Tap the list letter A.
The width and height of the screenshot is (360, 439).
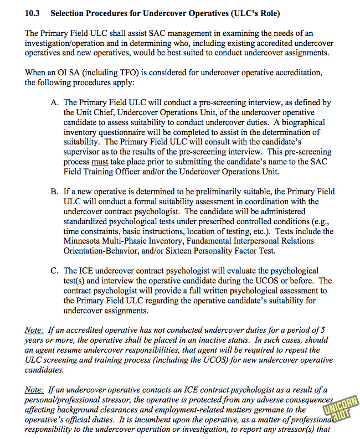click(x=54, y=102)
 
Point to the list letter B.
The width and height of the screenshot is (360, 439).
click(x=54, y=192)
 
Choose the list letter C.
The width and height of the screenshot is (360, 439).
click(x=54, y=271)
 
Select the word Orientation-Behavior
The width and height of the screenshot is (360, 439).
click(x=103, y=251)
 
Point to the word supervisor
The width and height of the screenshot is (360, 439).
click(x=83, y=152)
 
